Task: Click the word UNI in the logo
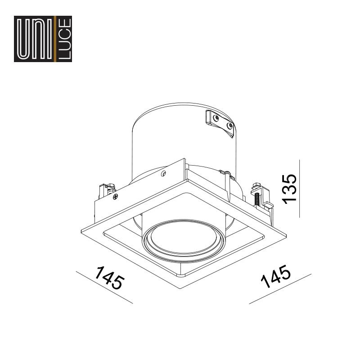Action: pyautogui.click(x=35, y=39)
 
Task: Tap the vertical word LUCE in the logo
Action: pyautogui.click(x=65, y=39)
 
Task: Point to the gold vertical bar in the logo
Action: pyautogui.click(x=55, y=39)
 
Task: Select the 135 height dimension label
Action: pyautogui.click(x=289, y=189)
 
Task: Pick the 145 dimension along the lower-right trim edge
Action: pyautogui.click(x=275, y=276)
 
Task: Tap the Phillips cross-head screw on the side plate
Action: pyautogui.click(x=116, y=196)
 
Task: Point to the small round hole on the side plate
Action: pyautogui.click(x=163, y=174)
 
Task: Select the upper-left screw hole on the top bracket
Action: pyautogui.click(x=216, y=118)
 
